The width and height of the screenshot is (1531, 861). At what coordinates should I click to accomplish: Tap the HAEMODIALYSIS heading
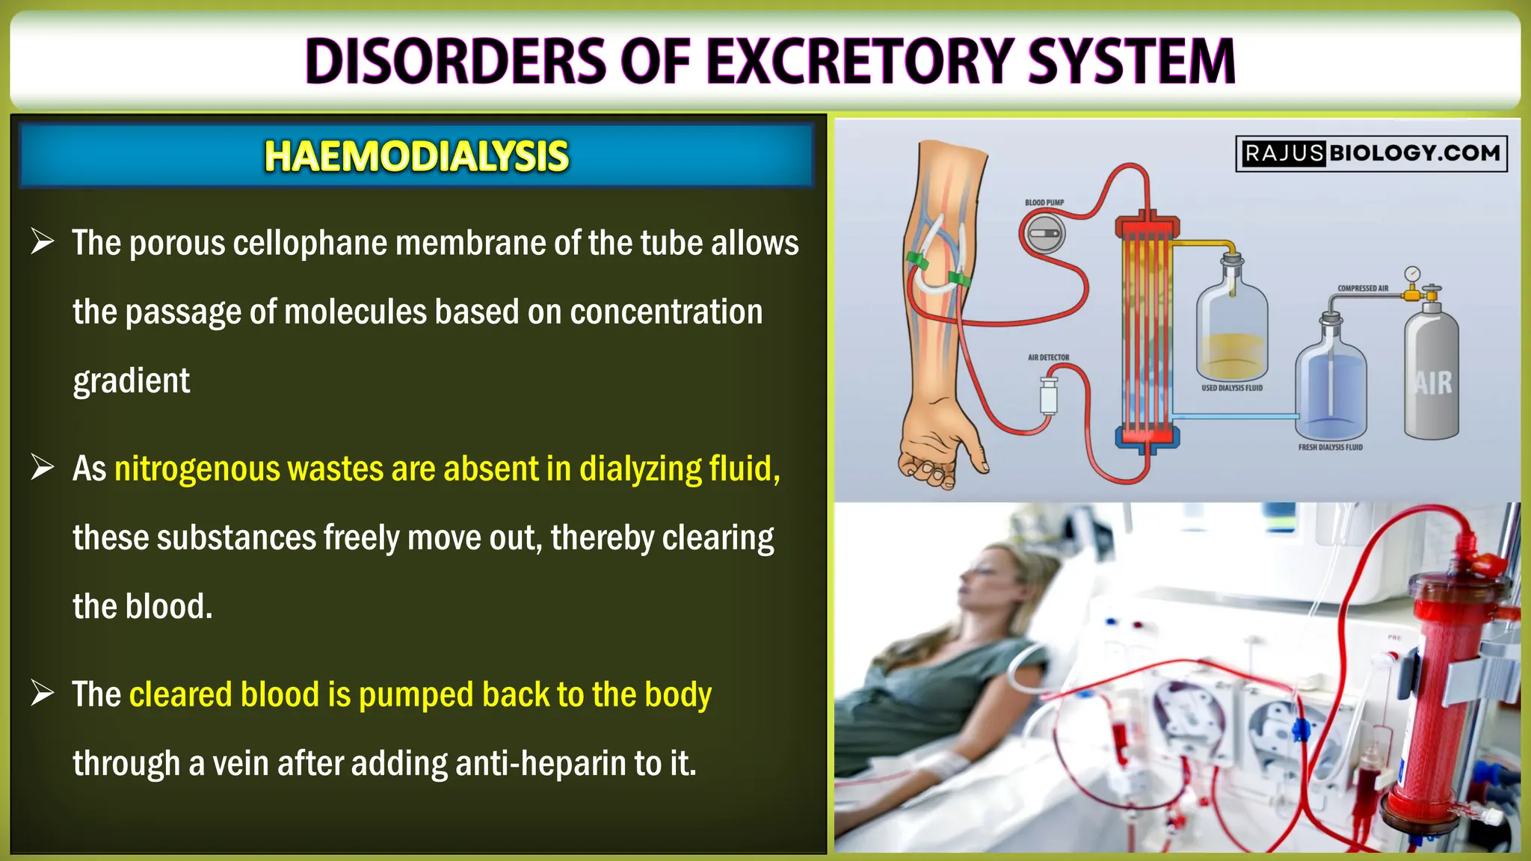416,156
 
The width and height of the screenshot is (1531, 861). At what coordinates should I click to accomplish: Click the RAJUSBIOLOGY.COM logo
1371,153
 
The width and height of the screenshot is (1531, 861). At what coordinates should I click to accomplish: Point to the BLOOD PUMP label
1044,203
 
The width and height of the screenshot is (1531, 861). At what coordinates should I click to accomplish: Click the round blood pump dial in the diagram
1043,233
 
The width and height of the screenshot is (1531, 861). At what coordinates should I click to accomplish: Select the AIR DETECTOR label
1048,357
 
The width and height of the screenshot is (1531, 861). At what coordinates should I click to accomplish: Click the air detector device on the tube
1049,395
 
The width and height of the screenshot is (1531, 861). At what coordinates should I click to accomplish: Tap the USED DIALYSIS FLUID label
1231,388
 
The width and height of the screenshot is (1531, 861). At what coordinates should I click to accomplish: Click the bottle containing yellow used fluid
1231,329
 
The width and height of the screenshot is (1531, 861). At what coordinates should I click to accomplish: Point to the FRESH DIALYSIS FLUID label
1330,447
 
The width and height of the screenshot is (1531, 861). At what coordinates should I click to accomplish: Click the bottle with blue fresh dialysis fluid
1331,385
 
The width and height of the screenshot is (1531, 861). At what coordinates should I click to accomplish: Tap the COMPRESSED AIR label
1362,288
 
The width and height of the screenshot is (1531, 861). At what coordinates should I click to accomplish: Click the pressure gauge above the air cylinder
1411,274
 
